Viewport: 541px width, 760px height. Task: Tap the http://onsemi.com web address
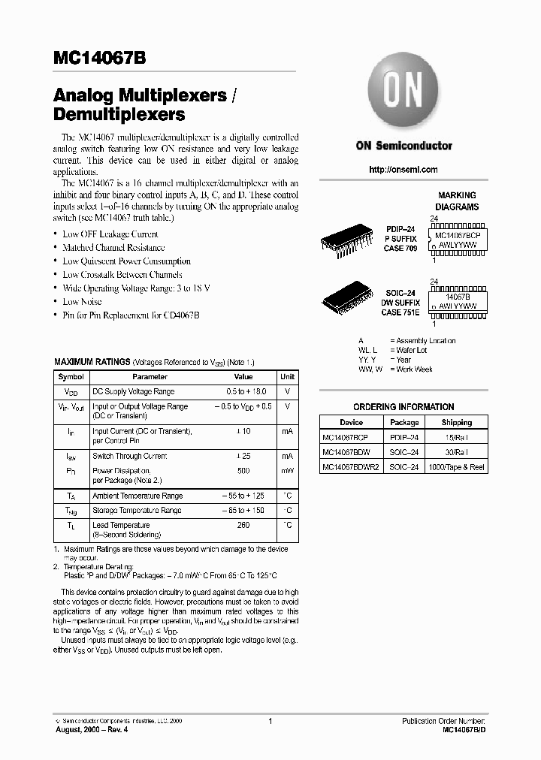(x=403, y=170)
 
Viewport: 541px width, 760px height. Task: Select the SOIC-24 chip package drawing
(x=346, y=297)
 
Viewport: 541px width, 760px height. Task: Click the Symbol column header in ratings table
(x=71, y=377)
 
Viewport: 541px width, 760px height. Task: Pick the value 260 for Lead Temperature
(x=243, y=525)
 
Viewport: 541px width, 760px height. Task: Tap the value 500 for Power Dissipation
(x=243, y=471)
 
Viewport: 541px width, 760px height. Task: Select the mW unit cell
(x=287, y=471)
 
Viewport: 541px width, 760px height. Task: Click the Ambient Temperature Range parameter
(x=137, y=496)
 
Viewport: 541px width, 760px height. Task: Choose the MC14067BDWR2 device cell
(x=350, y=467)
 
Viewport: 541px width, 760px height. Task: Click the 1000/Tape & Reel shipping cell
(x=457, y=467)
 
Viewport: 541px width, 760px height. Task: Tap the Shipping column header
(x=457, y=422)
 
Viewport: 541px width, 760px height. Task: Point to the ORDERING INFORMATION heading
(x=403, y=406)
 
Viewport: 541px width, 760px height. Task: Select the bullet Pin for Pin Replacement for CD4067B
(x=131, y=315)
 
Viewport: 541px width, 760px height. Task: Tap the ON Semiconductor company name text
(x=403, y=146)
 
